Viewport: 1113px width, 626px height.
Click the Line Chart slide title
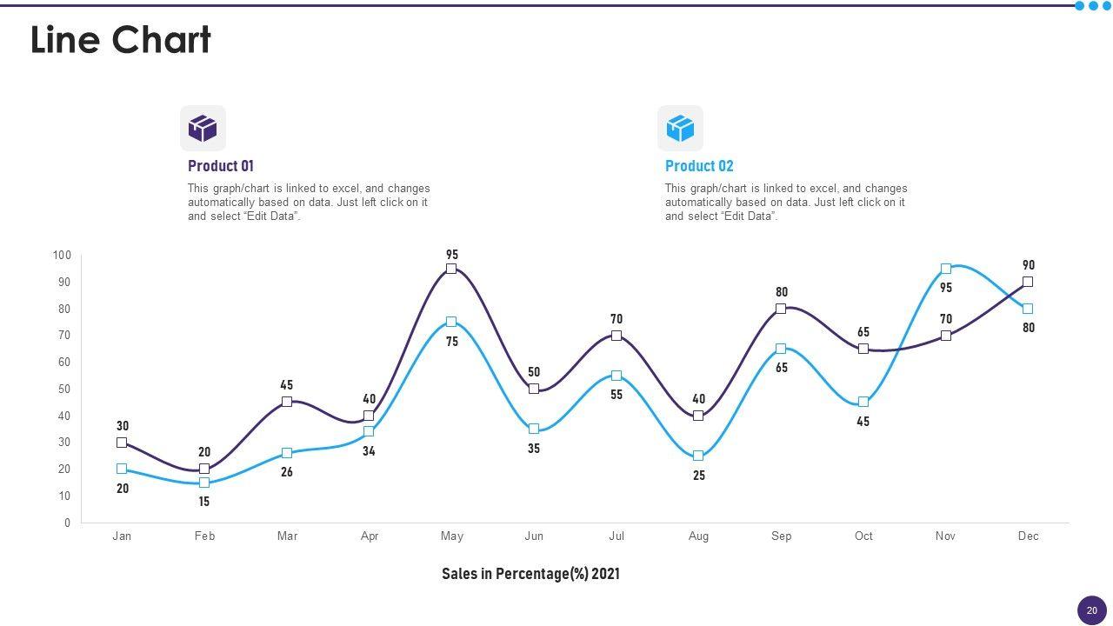coord(121,40)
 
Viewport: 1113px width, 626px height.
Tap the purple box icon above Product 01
coord(203,128)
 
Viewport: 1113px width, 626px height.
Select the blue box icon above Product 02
coord(680,128)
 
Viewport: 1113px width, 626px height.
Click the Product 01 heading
coord(221,166)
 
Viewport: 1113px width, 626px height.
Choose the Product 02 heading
coord(699,166)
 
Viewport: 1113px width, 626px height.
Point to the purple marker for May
coord(451,269)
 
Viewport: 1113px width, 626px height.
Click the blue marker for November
coord(946,269)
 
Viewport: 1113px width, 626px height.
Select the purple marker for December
coord(1028,282)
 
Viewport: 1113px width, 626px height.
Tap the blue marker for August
coord(698,456)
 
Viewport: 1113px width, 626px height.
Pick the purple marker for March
coord(287,402)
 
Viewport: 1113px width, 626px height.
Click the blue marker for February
coord(204,483)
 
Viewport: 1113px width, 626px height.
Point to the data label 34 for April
coord(369,451)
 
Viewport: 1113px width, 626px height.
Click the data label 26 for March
coord(287,472)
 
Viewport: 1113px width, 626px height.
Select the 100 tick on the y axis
coord(62,255)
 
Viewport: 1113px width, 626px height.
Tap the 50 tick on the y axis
coord(64,389)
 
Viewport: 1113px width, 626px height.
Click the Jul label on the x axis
coord(616,536)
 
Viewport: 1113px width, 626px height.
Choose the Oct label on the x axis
coord(863,536)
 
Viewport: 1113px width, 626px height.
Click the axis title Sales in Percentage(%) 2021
coord(530,574)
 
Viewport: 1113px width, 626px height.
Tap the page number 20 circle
coord(1092,610)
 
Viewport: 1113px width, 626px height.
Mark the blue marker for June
coord(534,429)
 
